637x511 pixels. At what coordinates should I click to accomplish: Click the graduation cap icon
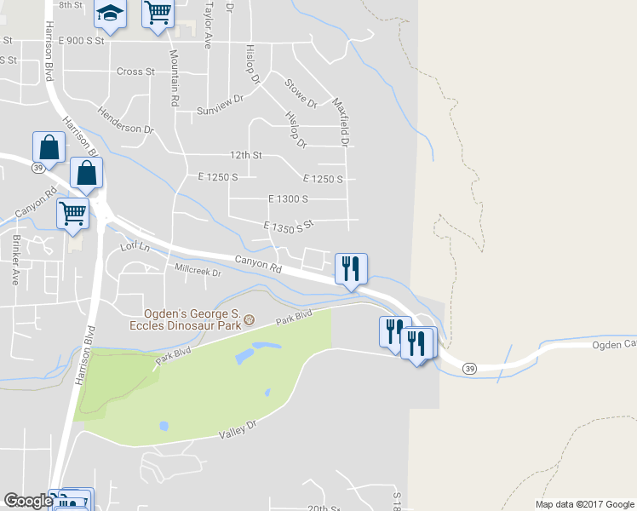pyautogui.click(x=110, y=12)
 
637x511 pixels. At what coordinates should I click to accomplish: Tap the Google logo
pyautogui.click(x=27, y=500)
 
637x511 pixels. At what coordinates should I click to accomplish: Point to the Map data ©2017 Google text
pyautogui.click(x=583, y=504)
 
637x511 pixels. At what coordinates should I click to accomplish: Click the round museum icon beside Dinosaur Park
pyautogui.click(x=249, y=320)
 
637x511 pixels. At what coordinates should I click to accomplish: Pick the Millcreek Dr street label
pyautogui.click(x=197, y=273)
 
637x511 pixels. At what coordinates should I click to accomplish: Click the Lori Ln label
pyautogui.click(x=135, y=246)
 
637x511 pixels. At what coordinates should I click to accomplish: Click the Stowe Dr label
pyautogui.click(x=300, y=93)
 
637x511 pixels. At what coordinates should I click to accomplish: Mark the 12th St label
pyautogui.click(x=245, y=155)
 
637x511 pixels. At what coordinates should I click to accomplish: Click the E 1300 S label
pyautogui.click(x=287, y=198)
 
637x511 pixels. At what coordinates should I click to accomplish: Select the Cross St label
pyautogui.click(x=135, y=72)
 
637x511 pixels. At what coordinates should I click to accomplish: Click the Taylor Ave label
pyautogui.click(x=207, y=26)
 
